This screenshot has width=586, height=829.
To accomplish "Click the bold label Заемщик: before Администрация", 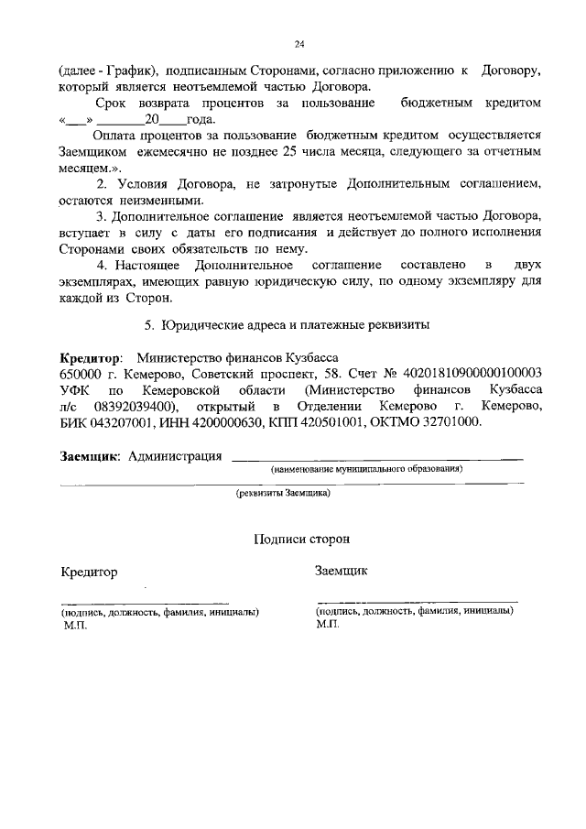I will (91, 455).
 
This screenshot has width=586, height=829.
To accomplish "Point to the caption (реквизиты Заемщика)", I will (283, 492).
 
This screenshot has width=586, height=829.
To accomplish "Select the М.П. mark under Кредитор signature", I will (75, 625).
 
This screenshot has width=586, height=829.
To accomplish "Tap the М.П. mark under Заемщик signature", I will (328, 623).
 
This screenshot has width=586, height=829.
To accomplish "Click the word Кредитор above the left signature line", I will (89, 573).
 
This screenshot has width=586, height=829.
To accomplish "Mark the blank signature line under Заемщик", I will (416, 602).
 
